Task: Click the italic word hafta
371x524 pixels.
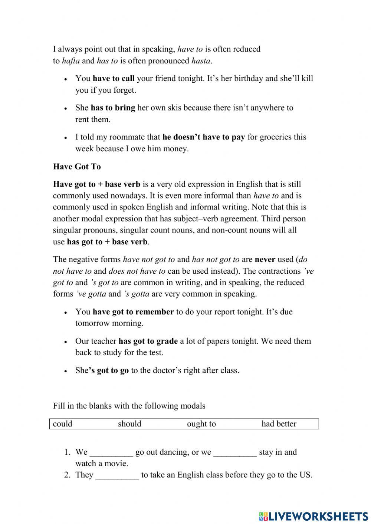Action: click(70, 61)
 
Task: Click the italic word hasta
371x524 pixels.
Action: click(201, 61)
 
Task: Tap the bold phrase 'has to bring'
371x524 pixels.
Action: click(113, 108)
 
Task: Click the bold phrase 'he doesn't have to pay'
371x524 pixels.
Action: click(203, 137)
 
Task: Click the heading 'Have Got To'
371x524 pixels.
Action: click(77, 167)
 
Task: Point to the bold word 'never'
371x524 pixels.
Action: click(265, 260)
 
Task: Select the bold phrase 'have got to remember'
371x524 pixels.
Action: click(133, 312)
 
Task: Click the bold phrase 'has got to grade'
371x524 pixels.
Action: click(148, 341)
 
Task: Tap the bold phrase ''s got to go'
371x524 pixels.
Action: click(109, 370)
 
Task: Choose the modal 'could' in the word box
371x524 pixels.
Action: click(63, 424)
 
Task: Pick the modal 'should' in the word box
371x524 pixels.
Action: click(129, 424)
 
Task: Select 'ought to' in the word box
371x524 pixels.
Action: click(201, 424)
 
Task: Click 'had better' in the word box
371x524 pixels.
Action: click(279, 424)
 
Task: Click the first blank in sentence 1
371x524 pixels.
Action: click(111, 453)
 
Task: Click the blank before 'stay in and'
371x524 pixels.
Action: click(235, 453)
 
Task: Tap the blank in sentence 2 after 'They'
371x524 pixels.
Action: click(117, 475)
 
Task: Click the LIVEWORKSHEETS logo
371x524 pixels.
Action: click(313, 516)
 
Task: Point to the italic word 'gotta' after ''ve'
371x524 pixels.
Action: click(96, 294)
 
